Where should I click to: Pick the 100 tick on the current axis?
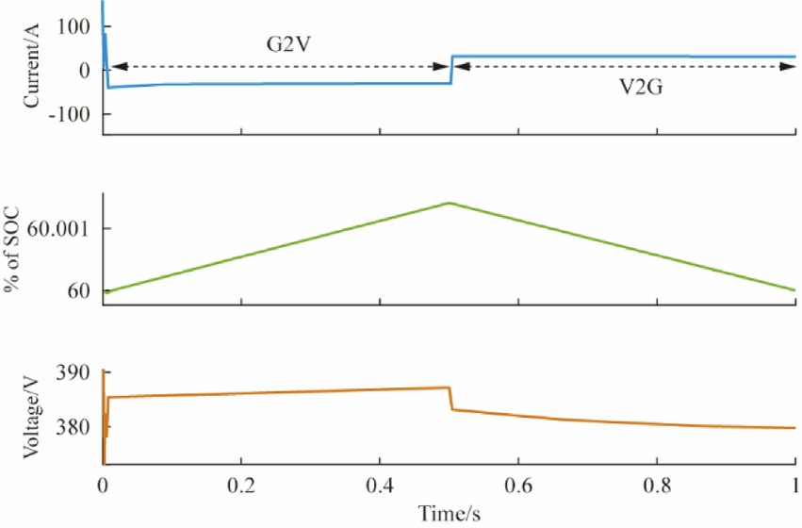pyautogui.click(x=73, y=25)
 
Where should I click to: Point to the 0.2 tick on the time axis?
pyautogui.click(x=241, y=488)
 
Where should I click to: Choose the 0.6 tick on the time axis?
pyautogui.click(x=518, y=488)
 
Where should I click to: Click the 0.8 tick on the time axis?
pyautogui.click(x=657, y=488)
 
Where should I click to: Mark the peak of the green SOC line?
pyautogui.click(x=450, y=203)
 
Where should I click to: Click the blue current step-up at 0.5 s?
pyautogui.click(x=452, y=70)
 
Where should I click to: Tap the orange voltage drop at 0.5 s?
pyautogui.click(x=451, y=399)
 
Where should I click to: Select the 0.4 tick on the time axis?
pyautogui.click(x=380, y=488)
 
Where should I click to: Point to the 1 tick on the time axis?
pyautogui.click(x=794, y=488)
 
